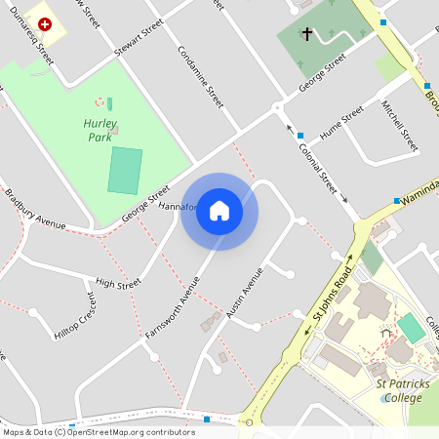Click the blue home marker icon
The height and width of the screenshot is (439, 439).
(219, 211)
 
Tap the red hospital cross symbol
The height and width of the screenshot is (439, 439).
(44, 20)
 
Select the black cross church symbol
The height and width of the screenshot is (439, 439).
(306, 35)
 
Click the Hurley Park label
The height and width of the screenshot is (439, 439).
(100, 131)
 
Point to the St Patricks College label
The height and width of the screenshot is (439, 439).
(403, 391)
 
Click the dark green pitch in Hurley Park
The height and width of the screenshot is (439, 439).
(124, 170)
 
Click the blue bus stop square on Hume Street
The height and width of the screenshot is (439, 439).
(300, 135)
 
